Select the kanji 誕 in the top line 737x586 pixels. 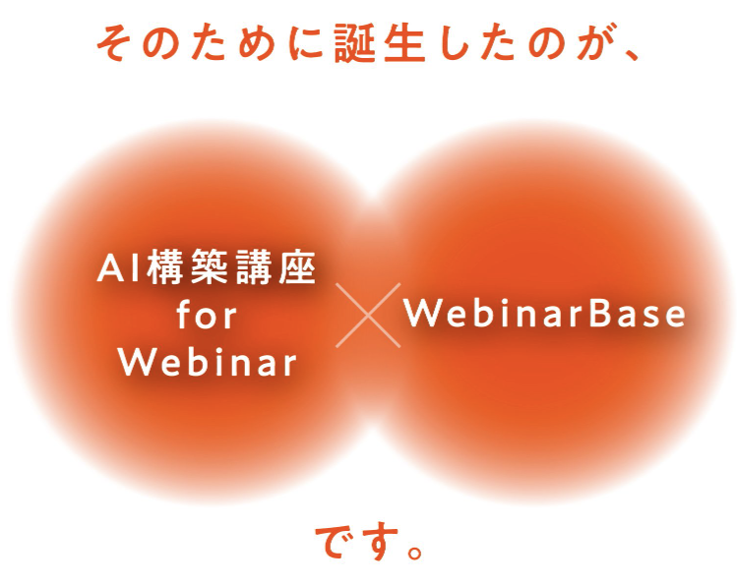(x=354, y=43)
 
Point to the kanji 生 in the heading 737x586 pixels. (x=404, y=43)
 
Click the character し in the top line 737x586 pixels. (x=452, y=43)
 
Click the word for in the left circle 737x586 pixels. (x=207, y=315)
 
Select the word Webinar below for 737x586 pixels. (x=208, y=363)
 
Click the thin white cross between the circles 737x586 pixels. (x=368, y=315)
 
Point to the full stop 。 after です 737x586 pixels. (x=415, y=553)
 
